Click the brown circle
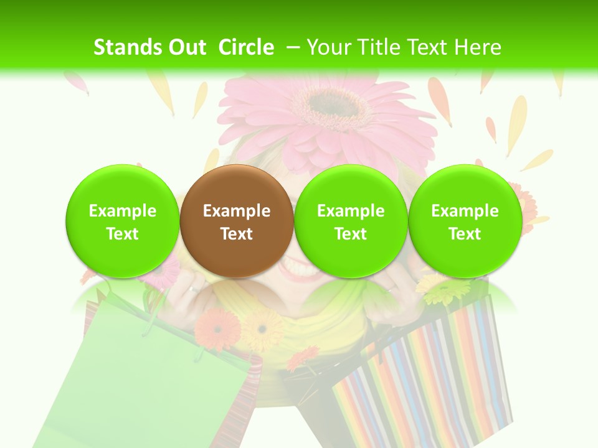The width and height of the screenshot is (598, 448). click(237, 221)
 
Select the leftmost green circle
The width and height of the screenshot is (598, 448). click(122, 221)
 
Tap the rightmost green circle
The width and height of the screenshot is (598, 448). click(465, 221)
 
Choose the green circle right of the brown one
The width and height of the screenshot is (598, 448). click(351, 221)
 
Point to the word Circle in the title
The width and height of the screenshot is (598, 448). click(246, 47)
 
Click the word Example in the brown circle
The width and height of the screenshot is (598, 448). click(237, 211)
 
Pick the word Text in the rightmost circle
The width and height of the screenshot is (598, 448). click(465, 234)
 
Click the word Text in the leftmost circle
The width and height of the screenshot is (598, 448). click(122, 234)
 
